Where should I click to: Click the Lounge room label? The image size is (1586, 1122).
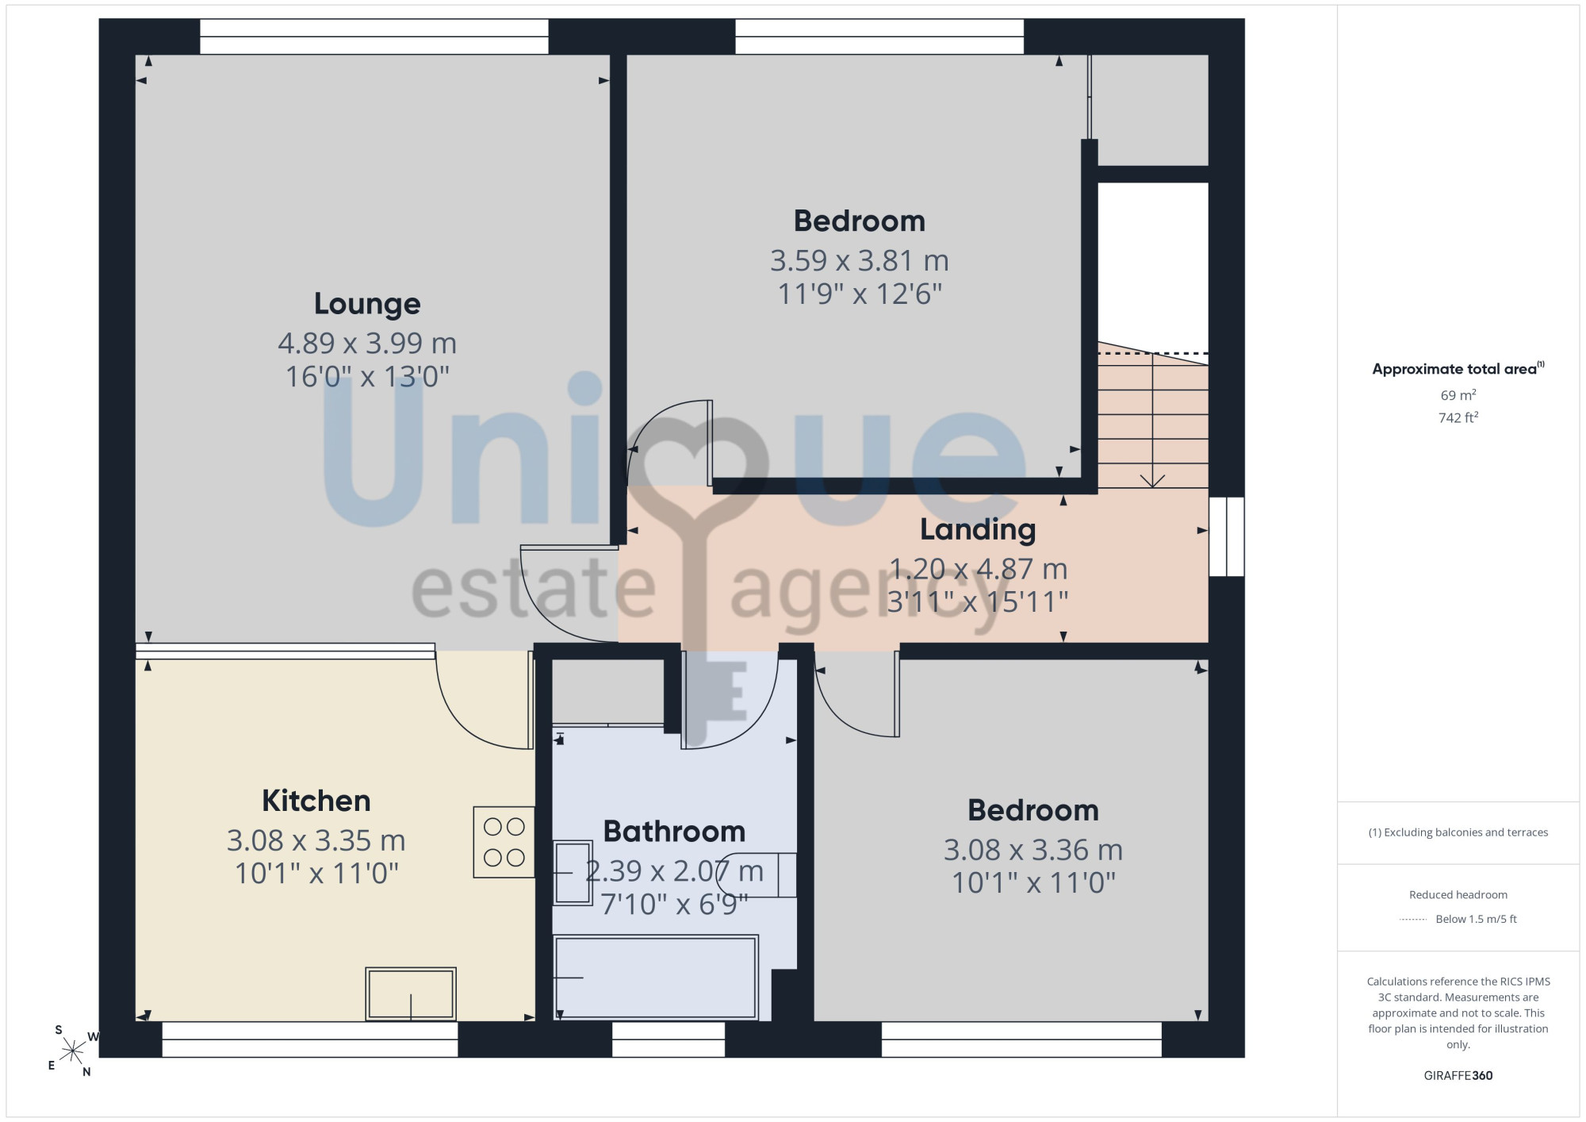[x=367, y=304]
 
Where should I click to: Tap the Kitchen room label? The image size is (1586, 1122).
[x=316, y=801]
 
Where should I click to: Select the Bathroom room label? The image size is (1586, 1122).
[x=674, y=832]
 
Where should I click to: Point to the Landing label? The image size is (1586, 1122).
[x=978, y=530]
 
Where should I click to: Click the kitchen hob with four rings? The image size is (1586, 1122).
[x=504, y=842]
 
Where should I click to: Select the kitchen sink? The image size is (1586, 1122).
[x=411, y=993]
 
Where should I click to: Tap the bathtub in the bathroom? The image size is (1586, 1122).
[x=656, y=977]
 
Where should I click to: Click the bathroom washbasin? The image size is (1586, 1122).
[x=573, y=873]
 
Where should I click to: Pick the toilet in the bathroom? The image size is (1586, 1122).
[x=757, y=874]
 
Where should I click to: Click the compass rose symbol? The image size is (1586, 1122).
[x=72, y=1051]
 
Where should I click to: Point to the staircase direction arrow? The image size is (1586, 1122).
[x=1152, y=420]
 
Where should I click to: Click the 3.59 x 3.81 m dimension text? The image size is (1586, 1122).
[x=860, y=260]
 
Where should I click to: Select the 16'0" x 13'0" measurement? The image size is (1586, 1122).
[x=367, y=376]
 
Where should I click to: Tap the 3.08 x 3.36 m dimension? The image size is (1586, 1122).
[x=1033, y=850]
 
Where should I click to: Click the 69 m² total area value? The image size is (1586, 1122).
[x=1458, y=395]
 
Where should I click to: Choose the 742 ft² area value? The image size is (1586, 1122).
[x=1458, y=417]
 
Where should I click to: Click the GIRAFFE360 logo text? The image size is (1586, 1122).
[x=1458, y=1076]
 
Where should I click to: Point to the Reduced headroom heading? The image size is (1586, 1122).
[x=1458, y=895]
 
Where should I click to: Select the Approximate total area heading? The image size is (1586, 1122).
[x=1458, y=368]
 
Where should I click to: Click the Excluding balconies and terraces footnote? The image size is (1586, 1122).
[x=1458, y=832]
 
